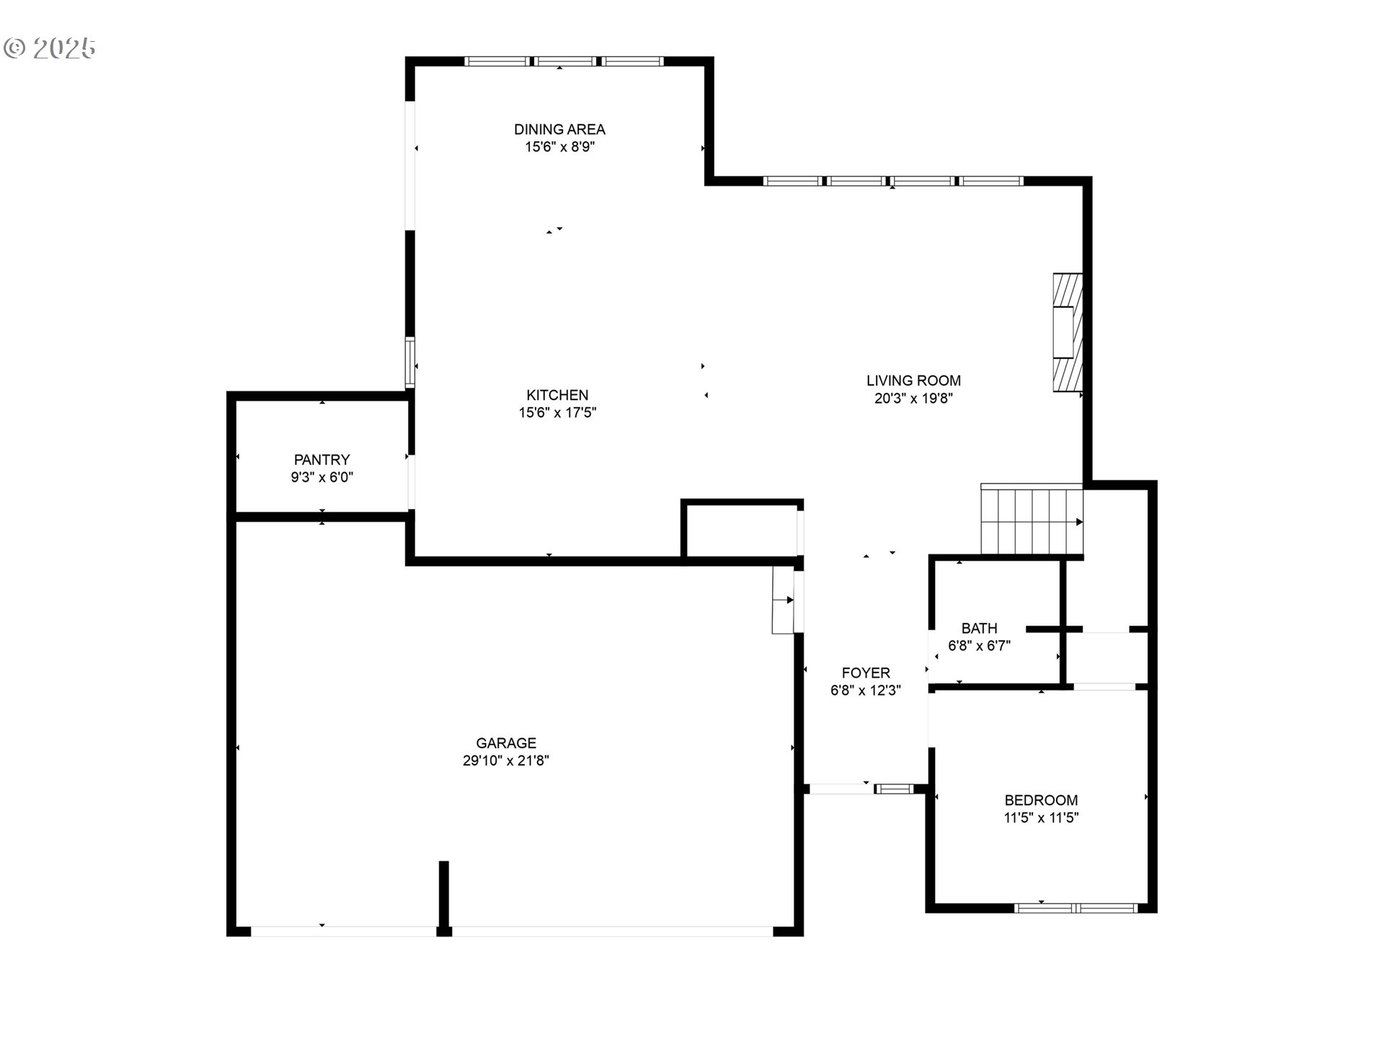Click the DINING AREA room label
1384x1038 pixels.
coord(559,130)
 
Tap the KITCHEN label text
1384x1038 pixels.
coord(557,395)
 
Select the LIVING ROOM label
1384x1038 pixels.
coord(913,381)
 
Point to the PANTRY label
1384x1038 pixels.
coord(321,460)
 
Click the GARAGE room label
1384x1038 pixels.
coord(506,743)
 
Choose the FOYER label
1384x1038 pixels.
coord(866,673)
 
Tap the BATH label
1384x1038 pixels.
coord(979,629)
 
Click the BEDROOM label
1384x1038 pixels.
coord(1041,800)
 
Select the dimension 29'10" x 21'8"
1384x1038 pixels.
coord(506,760)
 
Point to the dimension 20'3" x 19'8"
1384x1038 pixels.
coord(913,398)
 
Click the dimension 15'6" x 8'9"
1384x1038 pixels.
coord(559,147)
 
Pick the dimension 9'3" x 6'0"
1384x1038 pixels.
coord(321,477)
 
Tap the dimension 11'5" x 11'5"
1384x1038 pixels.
coord(1041,817)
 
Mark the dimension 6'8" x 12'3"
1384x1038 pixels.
coord(866,691)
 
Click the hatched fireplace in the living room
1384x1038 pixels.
coord(1068,332)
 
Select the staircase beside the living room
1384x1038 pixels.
coord(1032,519)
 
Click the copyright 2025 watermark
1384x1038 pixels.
coord(50,48)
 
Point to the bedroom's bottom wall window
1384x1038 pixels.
coord(1075,908)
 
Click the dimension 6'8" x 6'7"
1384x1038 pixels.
coord(979,646)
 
